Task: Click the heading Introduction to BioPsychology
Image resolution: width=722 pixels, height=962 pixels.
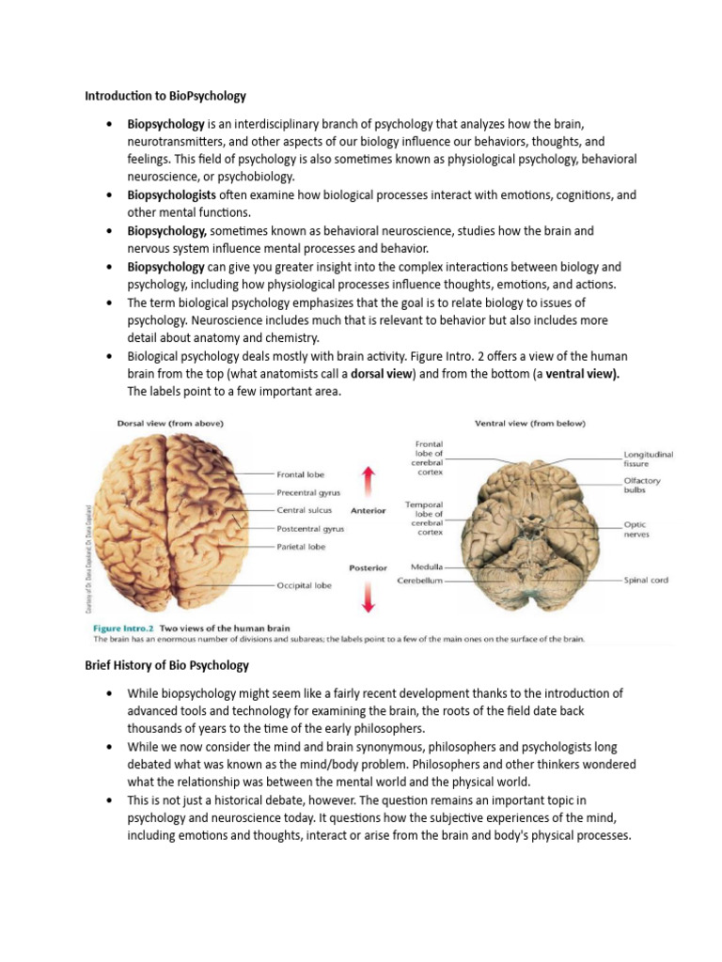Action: (165, 95)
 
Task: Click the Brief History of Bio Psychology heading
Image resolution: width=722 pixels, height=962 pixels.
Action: (166, 665)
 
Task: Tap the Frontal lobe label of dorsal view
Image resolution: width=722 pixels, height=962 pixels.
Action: (301, 474)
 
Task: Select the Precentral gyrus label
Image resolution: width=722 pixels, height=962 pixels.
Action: (308, 492)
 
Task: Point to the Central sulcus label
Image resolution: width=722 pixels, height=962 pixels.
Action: (304, 511)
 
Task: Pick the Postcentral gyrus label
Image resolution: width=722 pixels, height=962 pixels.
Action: (310, 529)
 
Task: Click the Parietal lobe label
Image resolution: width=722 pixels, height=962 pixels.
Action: (301, 546)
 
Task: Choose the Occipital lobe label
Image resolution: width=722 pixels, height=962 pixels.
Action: (304, 584)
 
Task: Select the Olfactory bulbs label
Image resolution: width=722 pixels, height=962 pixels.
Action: (642, 486)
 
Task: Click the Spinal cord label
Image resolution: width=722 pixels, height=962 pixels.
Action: (646, 581)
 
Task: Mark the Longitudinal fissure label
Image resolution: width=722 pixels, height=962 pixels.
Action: (648, 459)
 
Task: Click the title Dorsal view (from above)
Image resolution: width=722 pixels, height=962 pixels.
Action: (170, 424)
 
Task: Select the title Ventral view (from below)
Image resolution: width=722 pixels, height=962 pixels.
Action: (529, 424)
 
